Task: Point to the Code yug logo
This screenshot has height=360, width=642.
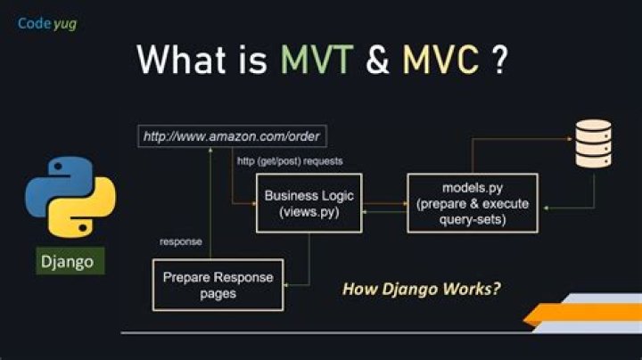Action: [46, 23]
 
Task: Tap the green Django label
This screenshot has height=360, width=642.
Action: [70, 262]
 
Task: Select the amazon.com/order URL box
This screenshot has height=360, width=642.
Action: [233, 137]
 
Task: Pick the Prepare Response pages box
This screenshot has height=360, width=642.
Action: [218, 285]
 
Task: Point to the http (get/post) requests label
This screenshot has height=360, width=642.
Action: [290, 161]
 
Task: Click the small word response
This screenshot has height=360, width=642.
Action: [180, 241]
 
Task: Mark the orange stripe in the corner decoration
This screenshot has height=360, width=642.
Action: [580, 313]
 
